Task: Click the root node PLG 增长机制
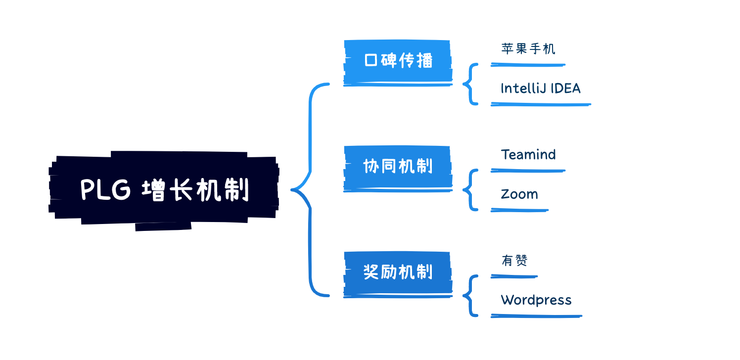pyautogui.click(x=163, y=190)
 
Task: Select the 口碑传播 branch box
pyautogui.click(x=398, y=61)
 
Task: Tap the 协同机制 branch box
pyautogui.click(x=398, y=167)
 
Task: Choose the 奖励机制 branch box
pyautogui.click(x=398, y=272)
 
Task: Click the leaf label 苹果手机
pyautogui.click(x=528, y=49)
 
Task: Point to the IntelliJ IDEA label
pyautogui.click(x=540, y=89)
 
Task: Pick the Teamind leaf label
pyautogui.click(x=528, y=155)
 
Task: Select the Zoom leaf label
pyautogui.click(x=519, y=194)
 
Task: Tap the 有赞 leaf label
pyautogui.click(x=514, y=261)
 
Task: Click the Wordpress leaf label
pyautogui.click(x=536, y=300)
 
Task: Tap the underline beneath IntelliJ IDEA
pyautogui.click(x=541, y=104)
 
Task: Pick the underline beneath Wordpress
pyautogui.click(x=536, y=315)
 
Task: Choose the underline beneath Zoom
pyautogui.click(x=519, y=210)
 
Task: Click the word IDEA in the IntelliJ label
pyautogui.click(x=564, y=89)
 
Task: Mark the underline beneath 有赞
pyautogui.click(x=514, y=276)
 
